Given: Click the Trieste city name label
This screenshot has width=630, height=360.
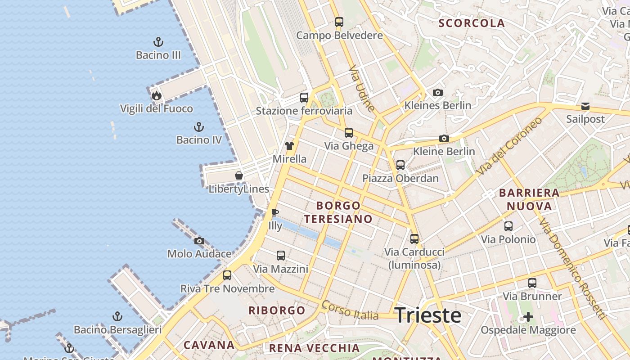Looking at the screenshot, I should [428, 315].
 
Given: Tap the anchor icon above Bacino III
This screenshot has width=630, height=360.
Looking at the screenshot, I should [158, 42].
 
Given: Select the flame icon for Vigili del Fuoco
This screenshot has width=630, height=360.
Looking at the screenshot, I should [156, 95].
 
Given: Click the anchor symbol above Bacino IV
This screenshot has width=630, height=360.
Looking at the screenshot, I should [198, 127].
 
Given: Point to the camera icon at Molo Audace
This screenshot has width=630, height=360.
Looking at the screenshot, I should [199, 241].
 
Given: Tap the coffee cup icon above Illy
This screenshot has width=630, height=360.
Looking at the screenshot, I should [275, 212].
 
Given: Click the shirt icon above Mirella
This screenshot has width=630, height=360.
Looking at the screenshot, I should [289, 146].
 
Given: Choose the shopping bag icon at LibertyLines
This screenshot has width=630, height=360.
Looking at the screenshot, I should [239, 175].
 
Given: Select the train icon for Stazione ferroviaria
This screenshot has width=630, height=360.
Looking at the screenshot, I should [304, 97].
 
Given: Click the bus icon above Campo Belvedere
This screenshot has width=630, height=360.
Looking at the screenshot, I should [339, 22].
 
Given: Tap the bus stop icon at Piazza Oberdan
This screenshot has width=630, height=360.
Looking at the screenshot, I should [400, 165].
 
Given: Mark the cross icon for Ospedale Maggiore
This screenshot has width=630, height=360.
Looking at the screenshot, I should [528, 317].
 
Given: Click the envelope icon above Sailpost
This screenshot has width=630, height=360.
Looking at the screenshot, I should [585, 106].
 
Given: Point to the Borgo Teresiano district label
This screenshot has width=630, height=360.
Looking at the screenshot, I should [338, 212].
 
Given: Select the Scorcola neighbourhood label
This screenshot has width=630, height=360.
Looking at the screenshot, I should [472, 23].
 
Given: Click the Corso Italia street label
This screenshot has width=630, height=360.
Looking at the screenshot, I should [350, 311].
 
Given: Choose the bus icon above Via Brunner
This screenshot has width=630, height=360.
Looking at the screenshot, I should [532, 283].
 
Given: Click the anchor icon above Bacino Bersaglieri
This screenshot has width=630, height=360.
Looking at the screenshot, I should [117, 316].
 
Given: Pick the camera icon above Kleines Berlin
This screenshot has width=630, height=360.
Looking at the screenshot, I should [437, 92].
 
